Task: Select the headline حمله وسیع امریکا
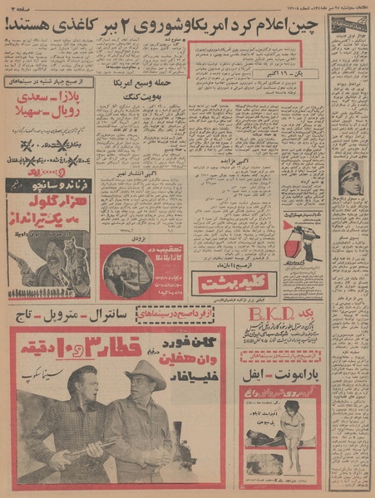(141, 85)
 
